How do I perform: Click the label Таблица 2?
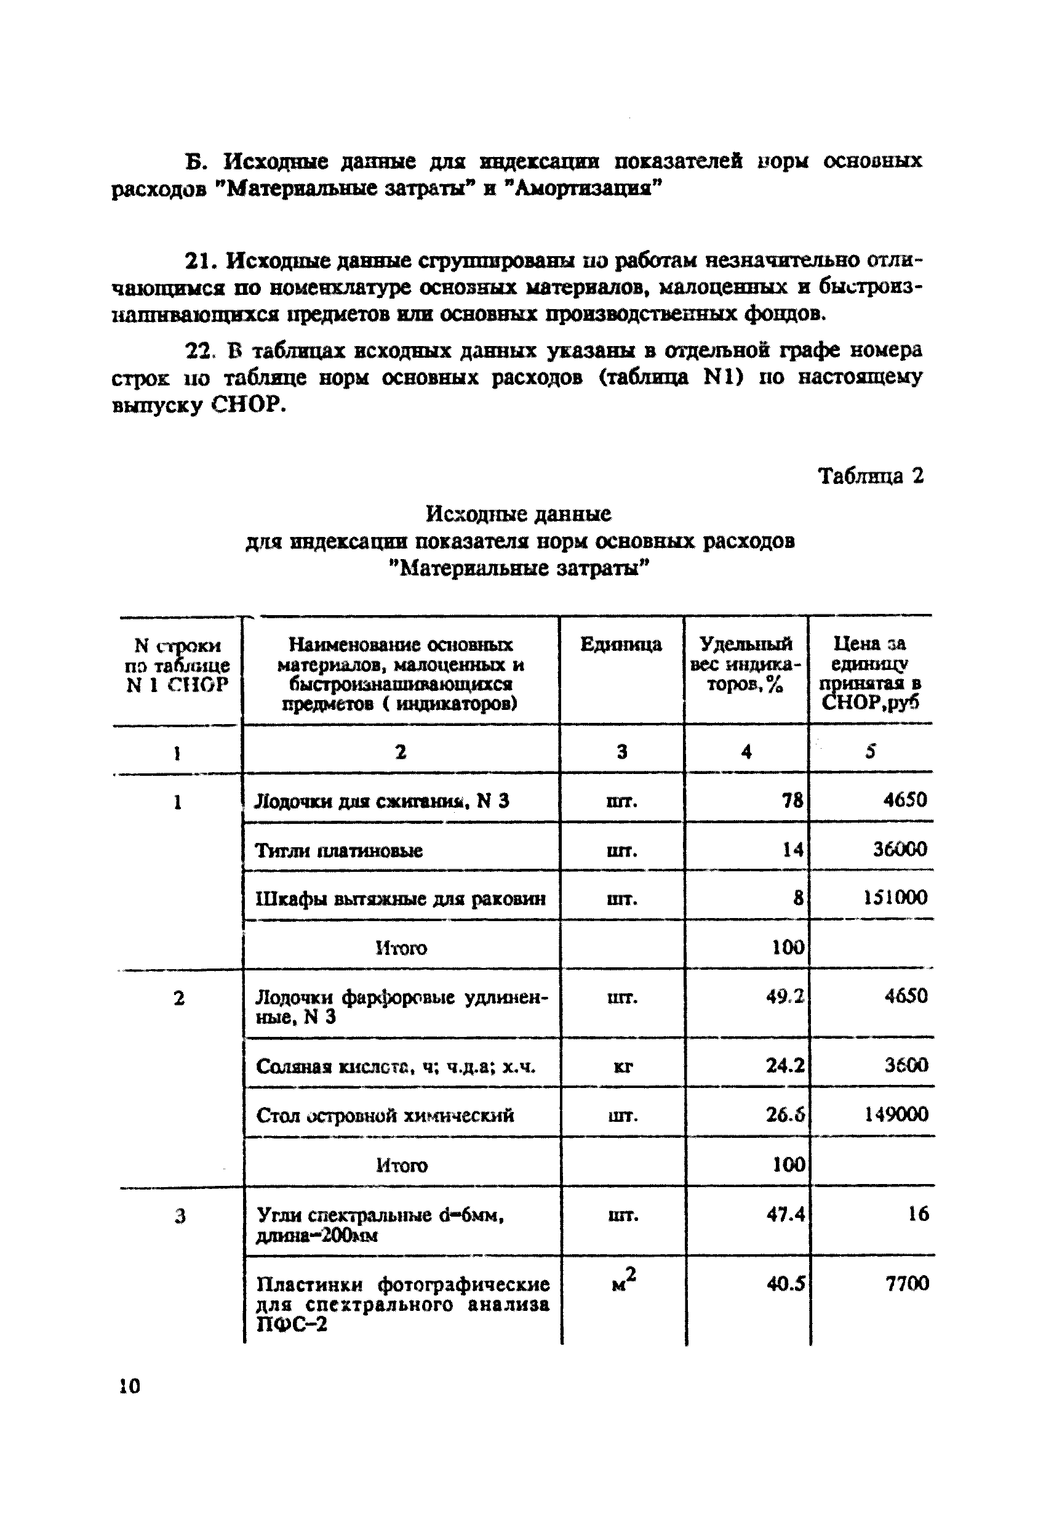click(871, 476)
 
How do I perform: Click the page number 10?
click(129, 1385)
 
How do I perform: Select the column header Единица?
click(621, 644)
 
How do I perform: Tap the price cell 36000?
click(900, 849)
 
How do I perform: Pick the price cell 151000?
click(895, 897)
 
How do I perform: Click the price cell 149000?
click(895, 1114)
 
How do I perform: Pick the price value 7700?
click(907, 1284)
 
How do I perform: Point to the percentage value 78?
click(792, 801)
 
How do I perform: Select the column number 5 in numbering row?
click(871, 751)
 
